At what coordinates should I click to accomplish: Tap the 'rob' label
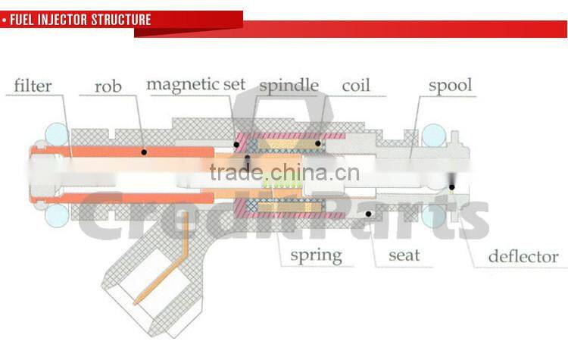pos(108,86)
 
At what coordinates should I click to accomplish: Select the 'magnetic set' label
pos(195,83)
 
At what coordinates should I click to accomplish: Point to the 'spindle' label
pos(289,84)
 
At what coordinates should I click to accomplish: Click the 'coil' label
pos(355,84)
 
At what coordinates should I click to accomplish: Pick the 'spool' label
pos(451,84)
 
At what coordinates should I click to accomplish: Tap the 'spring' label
pos(316,255)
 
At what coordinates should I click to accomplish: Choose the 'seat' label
pos(404,255)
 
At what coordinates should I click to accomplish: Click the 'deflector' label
pos(523,255)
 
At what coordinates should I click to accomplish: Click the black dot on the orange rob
pos(143,152)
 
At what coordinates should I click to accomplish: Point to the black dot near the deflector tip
pos(452,186)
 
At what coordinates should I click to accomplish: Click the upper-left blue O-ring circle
pos(57,136)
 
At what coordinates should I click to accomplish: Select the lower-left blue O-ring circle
pos(57,216)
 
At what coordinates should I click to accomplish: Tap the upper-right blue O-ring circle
pos(433,136)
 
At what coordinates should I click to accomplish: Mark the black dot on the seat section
pos(369,214)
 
